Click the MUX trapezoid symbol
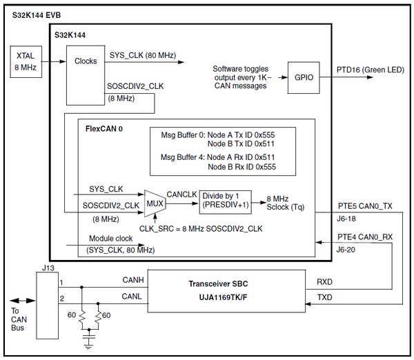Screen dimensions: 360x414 153,203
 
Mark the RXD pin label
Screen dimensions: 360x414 323,281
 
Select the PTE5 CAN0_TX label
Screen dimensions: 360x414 366,205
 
